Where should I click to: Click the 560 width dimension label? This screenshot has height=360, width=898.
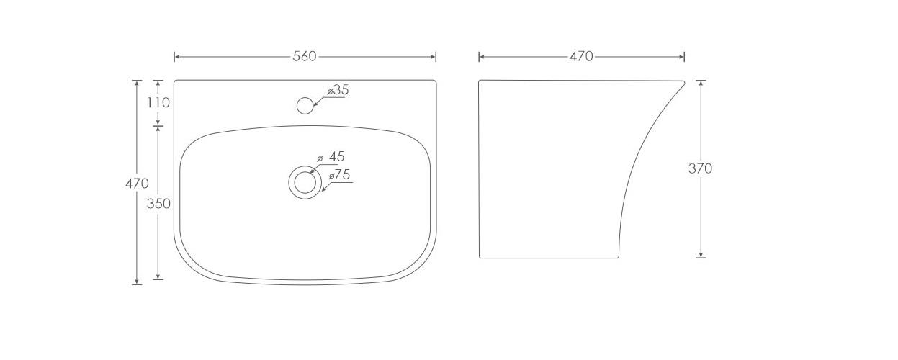pos(305,57)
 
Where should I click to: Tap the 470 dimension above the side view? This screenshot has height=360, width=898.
pos(581,57)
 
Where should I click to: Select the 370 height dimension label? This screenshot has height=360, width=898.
pos(701,168)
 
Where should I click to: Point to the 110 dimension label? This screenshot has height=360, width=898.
pos(158,103)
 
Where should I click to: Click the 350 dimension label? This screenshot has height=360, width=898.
pos(158,204)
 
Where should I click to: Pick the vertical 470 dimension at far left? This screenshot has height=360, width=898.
pos(137,184)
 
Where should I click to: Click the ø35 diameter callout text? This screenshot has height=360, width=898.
pos(338,90)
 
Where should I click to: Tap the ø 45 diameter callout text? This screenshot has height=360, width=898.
pos(331,157)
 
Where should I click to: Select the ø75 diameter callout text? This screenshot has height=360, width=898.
pos(339,175)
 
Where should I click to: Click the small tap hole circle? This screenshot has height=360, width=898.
pos(305,105)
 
